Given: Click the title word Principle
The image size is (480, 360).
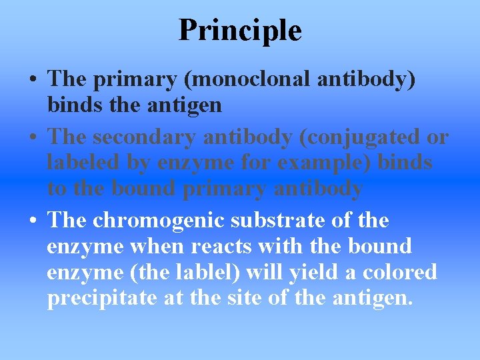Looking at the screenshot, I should coord(240,30).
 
